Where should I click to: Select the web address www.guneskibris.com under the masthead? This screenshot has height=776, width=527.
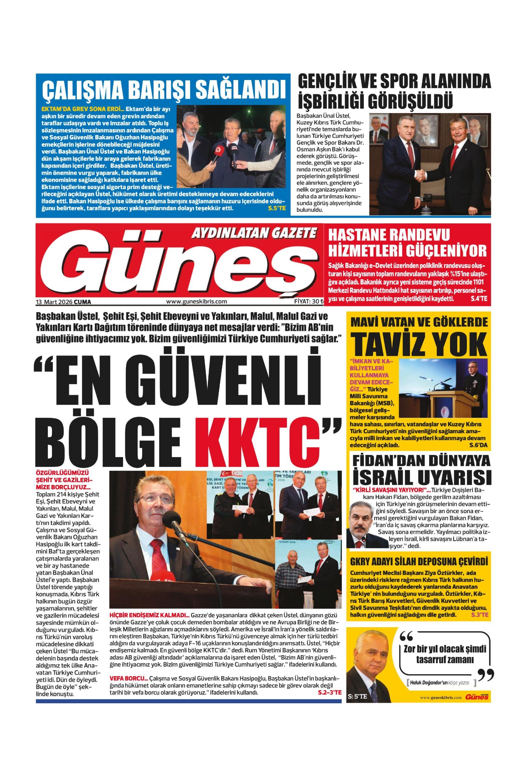click(197, 302)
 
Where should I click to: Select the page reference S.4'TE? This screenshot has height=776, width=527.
click(478, 299)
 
